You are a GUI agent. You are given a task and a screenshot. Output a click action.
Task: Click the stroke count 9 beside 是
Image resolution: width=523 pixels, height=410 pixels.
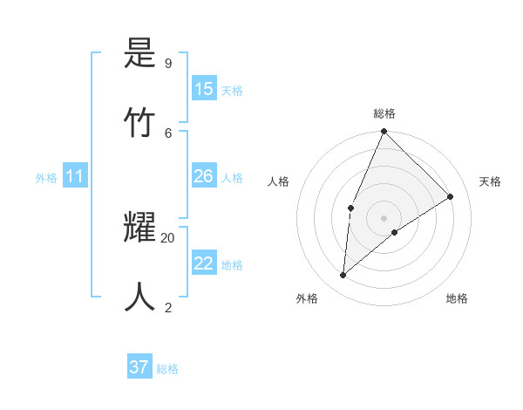tap(167, 64)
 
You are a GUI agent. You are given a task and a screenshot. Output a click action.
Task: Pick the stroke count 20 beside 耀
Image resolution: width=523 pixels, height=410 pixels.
tap(168, 237)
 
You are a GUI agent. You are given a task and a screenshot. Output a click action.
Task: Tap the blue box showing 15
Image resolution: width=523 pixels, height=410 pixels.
tap(204, 89)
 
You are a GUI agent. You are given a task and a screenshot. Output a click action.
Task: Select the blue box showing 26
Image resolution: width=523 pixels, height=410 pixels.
tap(204, 177)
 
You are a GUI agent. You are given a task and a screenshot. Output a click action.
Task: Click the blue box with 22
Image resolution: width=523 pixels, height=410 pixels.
tap(204, 264)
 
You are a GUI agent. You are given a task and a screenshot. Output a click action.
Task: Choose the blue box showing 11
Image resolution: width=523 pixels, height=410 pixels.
tap(75, 177)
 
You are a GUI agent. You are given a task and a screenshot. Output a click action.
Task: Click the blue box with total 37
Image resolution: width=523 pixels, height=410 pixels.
tap(139, 367)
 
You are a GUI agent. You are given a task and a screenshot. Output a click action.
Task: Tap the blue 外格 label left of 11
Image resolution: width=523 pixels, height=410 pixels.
tap(46, 178)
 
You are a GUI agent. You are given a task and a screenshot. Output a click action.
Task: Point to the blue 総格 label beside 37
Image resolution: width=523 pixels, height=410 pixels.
tap(167, 369)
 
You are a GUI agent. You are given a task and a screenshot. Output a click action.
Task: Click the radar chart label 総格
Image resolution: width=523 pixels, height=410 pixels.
tap(384, 113)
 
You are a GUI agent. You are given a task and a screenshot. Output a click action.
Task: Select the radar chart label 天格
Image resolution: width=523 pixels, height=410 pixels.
tap(491, 181)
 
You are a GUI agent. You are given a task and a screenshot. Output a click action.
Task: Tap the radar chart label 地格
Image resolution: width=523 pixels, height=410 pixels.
tap(457, 298)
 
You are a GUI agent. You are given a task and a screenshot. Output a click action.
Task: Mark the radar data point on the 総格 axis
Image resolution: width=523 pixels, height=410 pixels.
tap(384, 132)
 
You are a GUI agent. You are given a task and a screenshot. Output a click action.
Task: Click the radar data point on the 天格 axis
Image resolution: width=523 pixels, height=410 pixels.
tap(451, 196)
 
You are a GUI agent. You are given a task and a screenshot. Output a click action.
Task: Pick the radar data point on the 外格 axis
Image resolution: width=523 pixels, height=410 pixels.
tap(343, 276)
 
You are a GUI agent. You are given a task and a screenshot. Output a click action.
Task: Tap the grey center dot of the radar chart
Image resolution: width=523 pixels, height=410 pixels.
tap(384, 217)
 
